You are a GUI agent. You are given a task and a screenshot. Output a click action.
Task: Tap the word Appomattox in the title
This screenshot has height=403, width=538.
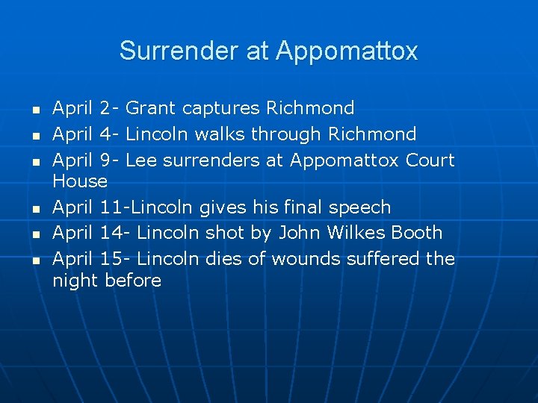tap(347, 51)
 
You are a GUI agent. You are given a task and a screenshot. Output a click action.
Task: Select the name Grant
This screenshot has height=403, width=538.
tap(150, 108)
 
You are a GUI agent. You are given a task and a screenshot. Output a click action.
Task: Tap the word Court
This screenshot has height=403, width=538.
tap(430, 160)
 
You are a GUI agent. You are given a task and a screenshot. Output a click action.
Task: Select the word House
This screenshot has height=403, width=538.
tap(80, 181)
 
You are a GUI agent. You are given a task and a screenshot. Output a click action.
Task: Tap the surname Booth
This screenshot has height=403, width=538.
tap(417, 233)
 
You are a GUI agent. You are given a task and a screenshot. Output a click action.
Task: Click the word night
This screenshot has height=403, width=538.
tap(75, 281)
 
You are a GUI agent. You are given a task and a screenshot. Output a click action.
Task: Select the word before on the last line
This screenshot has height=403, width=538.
tap(133, 281)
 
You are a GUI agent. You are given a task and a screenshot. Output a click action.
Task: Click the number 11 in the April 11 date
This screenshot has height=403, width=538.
tap(111, 207)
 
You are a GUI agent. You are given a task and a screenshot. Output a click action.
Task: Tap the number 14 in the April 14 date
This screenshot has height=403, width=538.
tap(111, 233)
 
